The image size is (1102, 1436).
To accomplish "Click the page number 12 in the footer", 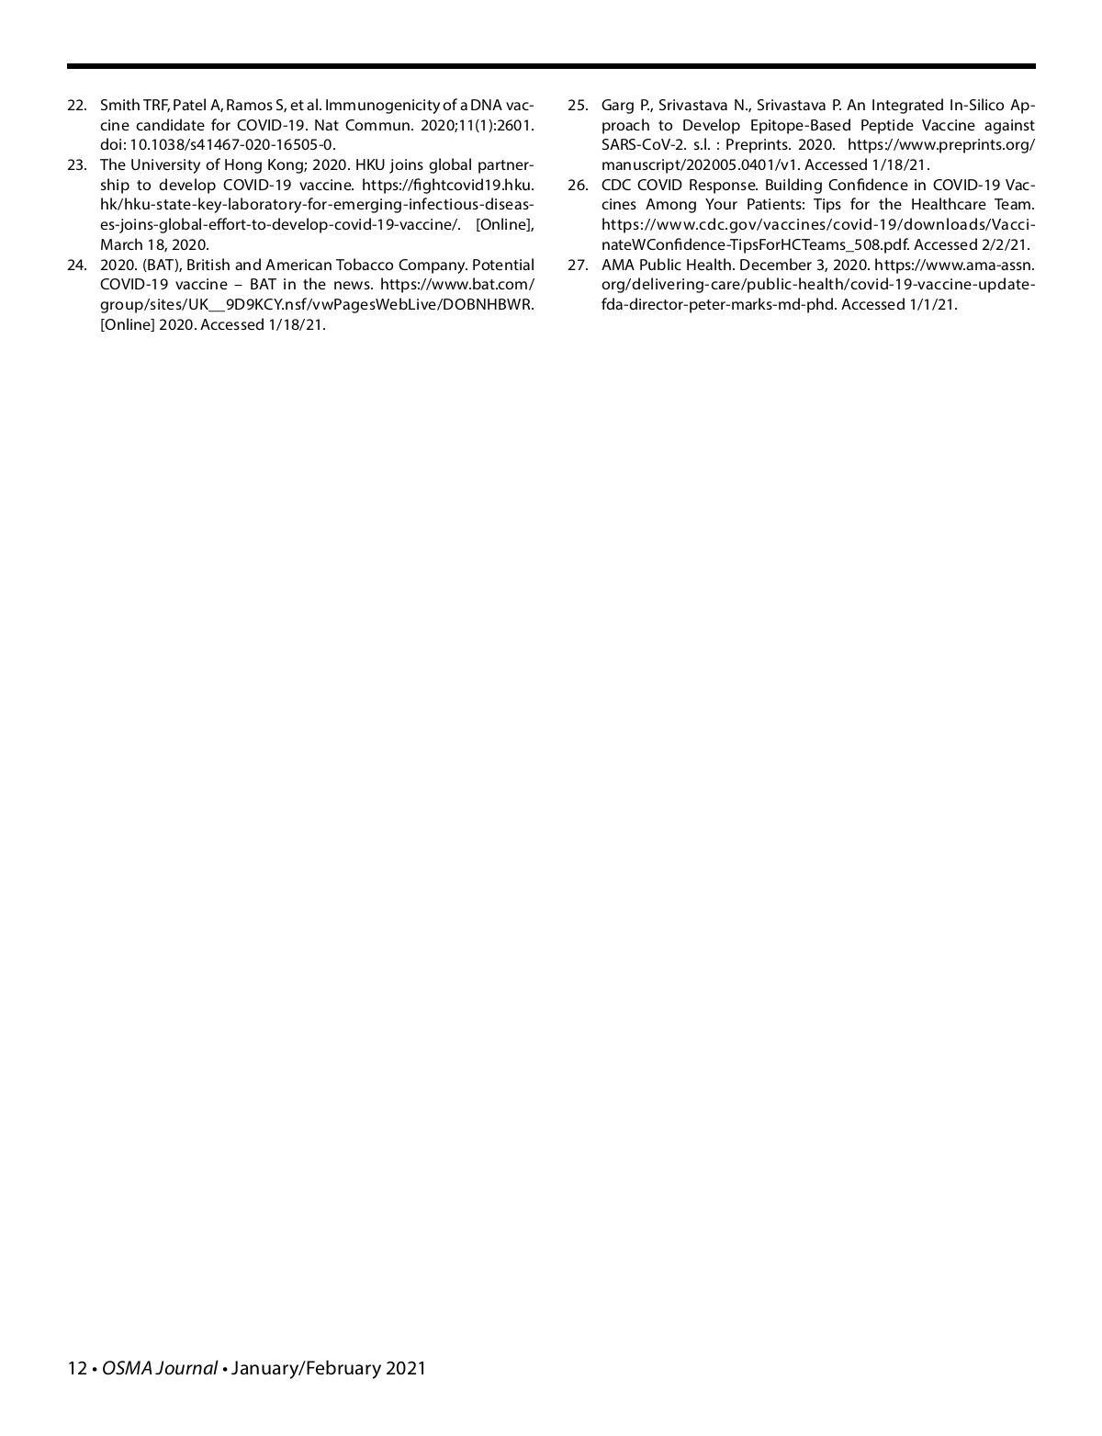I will click(x=76, y=1368).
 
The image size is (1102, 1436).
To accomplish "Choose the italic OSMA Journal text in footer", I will click(x=160, y=1368).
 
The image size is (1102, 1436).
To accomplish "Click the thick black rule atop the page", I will click(x=551, y=66).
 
